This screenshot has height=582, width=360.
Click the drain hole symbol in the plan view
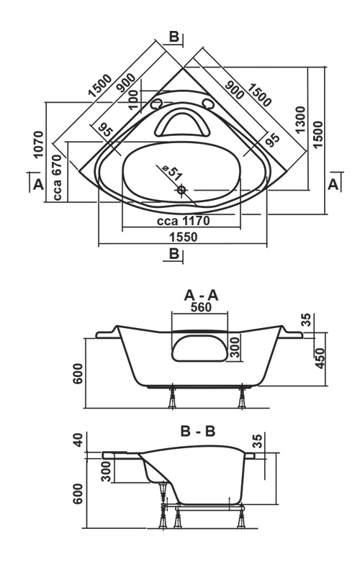[x=181, y=190]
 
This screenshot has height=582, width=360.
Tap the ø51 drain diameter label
[x=171, y=171]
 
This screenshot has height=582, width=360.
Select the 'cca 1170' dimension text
[x=184, y=221]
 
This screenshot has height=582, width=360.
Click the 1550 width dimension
[x=184, y=237]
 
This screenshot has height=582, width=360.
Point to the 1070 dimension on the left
[x=38, y=145]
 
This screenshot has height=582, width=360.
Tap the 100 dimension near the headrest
[x=134, y=99]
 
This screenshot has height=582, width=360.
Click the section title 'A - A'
[x=201, y=296]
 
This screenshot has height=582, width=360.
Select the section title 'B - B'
[x=198, y=432]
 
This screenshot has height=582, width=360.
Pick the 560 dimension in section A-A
[x=201, y=307]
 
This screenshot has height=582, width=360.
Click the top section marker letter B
[x=174, y=37]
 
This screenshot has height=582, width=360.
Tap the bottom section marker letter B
[x=174, y=253]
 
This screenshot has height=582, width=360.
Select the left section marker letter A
[x=38, y=184]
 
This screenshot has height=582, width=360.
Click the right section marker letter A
[x=333, y=184]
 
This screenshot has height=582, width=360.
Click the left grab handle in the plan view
[x=156, y=104]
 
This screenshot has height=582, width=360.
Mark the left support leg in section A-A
[x=172, y=398]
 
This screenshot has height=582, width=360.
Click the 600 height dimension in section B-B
[x=78, y=494]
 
